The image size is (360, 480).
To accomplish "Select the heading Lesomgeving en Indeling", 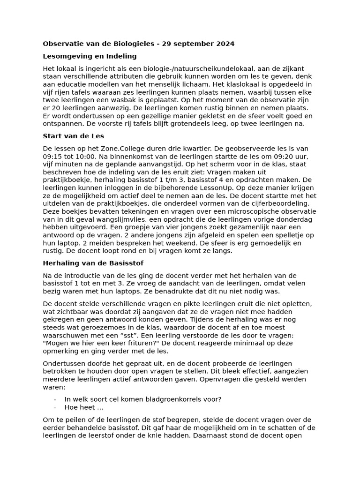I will point(90,56).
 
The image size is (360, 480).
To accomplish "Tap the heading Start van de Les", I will point(74,136).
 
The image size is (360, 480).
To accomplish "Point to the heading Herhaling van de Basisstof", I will point(93,263).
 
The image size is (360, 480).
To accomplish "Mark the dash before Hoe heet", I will point(55,407).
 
